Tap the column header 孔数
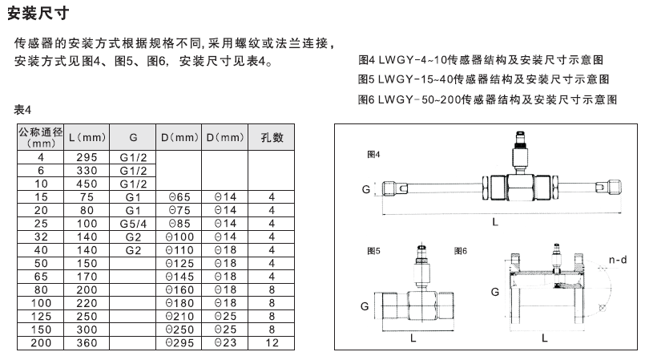[x=272, y=137]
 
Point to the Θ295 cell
[x=179, y=342]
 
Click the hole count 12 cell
[x=272, y=342]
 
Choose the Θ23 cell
[x=225, y=342]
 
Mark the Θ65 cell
[x=179, y=196]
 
